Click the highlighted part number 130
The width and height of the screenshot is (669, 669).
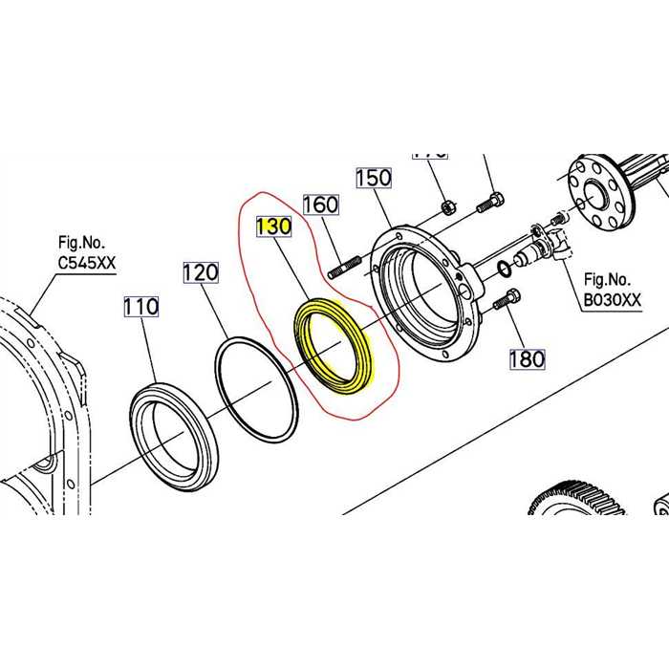pos(272,227)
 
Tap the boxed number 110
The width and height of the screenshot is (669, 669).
pos(140,308)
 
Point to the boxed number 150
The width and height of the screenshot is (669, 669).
pos(374,178)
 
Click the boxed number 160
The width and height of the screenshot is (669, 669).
pos(320,205)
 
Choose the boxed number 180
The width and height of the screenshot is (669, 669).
pos(526,358)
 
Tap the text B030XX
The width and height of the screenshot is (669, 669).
pos(613,300)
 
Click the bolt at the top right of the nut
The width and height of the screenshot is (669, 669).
pos(490,202)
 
